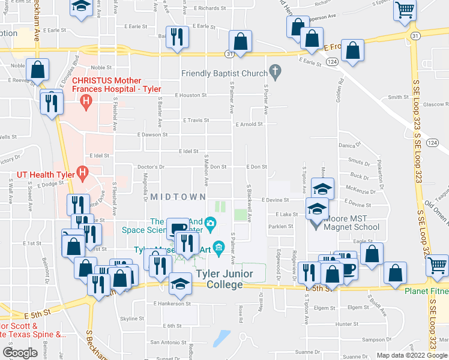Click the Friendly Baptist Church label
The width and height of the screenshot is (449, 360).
pos(224,74)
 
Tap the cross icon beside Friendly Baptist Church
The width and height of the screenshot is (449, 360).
pos(276,73)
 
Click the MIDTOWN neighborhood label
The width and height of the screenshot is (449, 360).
pos(178,197)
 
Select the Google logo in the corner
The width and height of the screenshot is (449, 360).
pos(20,353)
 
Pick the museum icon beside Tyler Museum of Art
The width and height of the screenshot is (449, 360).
pos(218,247)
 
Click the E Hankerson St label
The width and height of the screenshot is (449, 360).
pos(172,304)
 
